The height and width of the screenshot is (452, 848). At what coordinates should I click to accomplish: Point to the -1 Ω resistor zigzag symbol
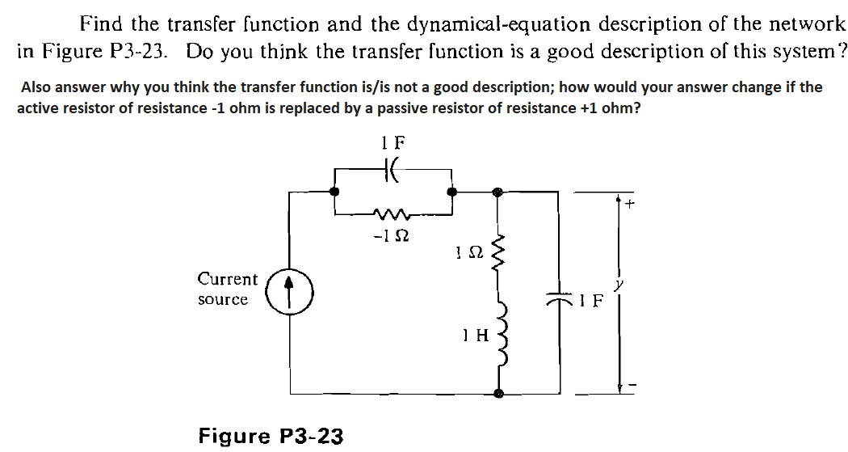(x=393, y=213)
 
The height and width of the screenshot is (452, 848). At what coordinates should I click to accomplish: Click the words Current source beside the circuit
(x=227, y=289)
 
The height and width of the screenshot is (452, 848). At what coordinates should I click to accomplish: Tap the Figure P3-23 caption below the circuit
(x=271, y=436)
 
